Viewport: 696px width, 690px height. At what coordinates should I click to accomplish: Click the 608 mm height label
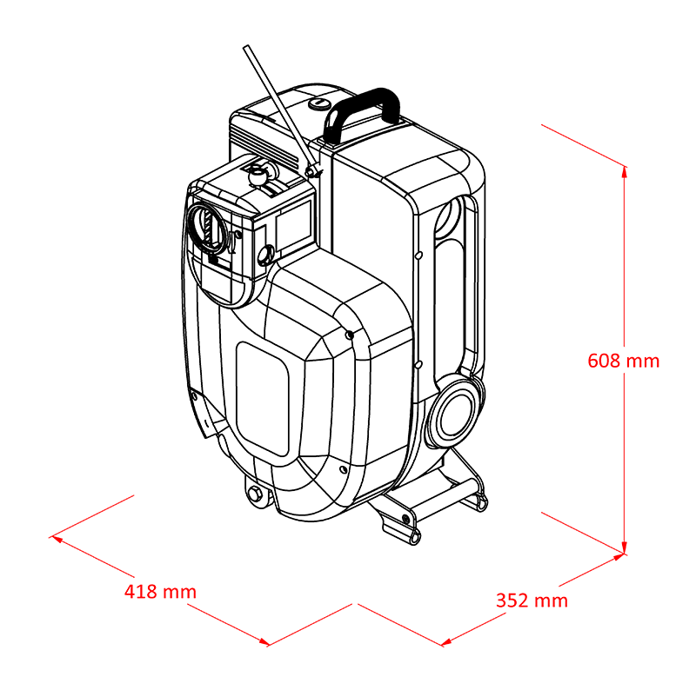(x=623, y=361)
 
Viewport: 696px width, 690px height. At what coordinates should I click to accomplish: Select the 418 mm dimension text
(x=160, y=592)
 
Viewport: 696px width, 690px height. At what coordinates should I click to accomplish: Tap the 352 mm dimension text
(x=532, y=600)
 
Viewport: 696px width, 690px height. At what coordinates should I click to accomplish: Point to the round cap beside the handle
(x=318, y=103)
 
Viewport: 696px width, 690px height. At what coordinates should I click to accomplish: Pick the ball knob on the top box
(x=258, y=176)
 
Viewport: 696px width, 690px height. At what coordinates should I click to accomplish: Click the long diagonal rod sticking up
(x=281, y=109)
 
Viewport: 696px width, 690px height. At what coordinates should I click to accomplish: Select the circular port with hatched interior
(x=208, y=227)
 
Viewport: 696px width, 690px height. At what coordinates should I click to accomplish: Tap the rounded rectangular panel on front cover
(x=262, y=398)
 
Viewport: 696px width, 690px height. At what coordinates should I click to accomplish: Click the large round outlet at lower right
(x=454, y=413)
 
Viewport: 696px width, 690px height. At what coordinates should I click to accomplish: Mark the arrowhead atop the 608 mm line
(x=624, y=172)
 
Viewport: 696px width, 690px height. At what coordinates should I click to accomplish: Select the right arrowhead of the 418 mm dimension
(x=263, y=641)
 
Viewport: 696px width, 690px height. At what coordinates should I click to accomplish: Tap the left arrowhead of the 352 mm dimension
(x=447, y=641)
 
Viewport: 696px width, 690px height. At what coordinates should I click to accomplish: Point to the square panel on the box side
(x=293, y=225)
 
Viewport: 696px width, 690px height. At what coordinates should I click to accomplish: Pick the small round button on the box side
(x=265, y=255)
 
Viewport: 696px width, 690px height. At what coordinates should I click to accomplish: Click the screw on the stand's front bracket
(x=405, y=518)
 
